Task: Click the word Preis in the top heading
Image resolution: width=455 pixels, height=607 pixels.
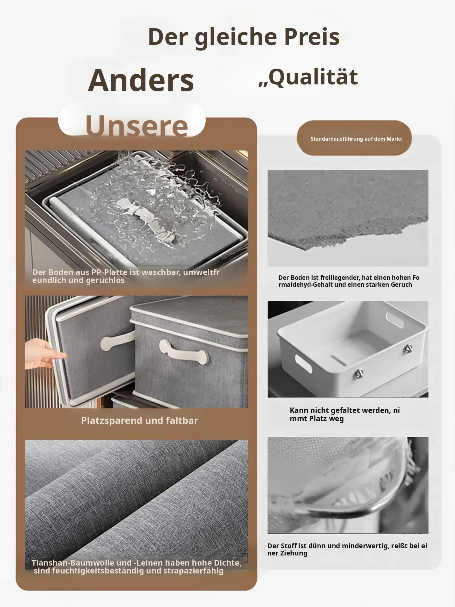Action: (x=312, y=37)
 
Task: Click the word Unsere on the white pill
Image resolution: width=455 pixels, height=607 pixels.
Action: (x=136, y=126)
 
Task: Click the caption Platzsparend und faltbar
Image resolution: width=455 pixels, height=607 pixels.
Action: (x=139, y=420)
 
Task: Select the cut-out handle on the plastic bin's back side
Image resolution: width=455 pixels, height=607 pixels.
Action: (x=395, y=320)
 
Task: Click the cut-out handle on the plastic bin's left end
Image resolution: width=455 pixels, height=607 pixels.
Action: (x=303, y=362)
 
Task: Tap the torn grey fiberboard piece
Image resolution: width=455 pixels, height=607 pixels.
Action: (x=348, y=209)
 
